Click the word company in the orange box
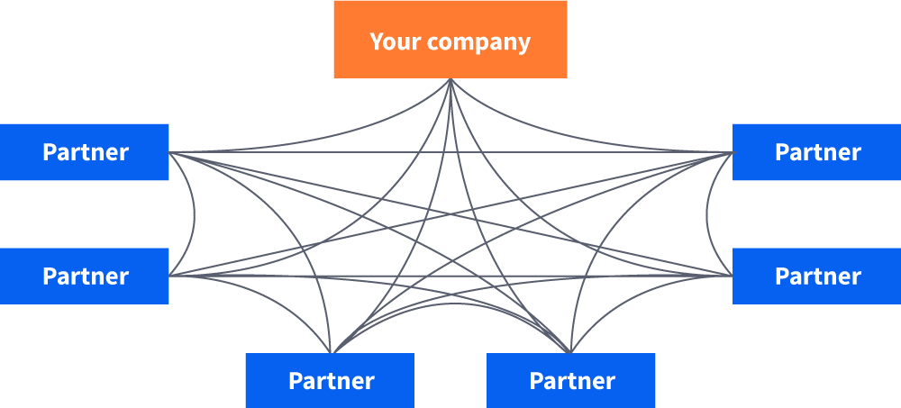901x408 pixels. click(x=478, y=42)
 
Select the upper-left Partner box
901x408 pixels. click(x=85, y=152)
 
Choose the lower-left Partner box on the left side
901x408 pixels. click(x=85, y=276)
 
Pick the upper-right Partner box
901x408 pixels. click(x=816, y=152)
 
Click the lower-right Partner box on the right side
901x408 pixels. click(x=816, y=276)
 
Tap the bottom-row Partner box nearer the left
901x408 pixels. click(x=330, y=380)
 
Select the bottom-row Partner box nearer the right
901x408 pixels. click(x=571, y=380)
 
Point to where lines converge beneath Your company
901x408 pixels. click(x=450, y=80)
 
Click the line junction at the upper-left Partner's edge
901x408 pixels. click(x=170, y=152)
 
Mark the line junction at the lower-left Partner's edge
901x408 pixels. click(x=170, y=276)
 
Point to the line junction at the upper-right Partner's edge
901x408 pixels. click(x=732, y=152)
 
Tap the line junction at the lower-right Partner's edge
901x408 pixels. click(x=732, y=276)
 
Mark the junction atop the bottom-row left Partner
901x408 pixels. click(x=332, y=352)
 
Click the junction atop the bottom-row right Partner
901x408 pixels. click(x=570, y=352)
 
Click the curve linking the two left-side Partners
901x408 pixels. click(x=195, y=214)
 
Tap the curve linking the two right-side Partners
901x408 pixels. click(x=706, y=214)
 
